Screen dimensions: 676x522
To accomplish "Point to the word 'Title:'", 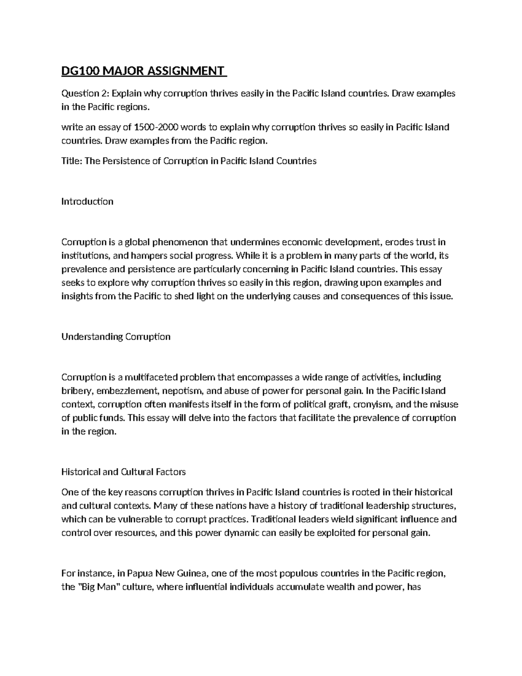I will click(x=71, y=161).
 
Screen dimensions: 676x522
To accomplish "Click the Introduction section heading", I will click(x=87, y=202).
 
